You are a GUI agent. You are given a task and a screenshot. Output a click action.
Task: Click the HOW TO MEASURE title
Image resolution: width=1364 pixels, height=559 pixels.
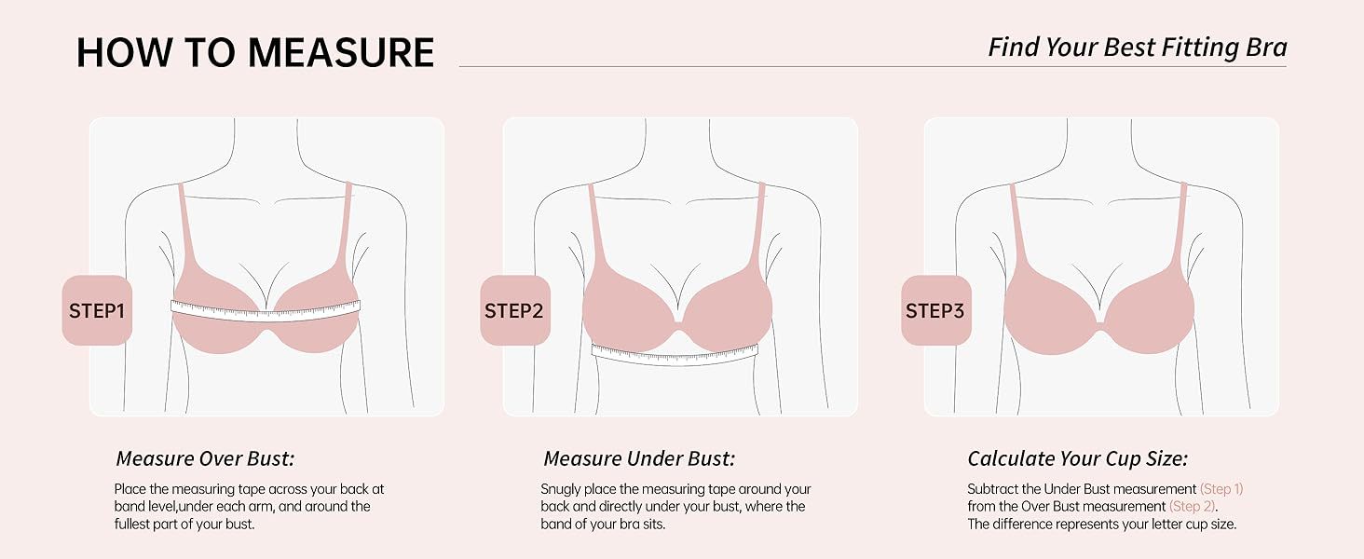255,52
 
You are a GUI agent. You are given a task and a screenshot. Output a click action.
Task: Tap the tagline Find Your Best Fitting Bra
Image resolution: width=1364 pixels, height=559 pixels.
1137,48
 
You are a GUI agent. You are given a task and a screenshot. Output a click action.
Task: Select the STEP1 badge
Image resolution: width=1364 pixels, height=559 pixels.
97,310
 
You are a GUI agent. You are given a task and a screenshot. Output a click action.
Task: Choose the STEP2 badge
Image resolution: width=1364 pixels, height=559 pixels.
514,310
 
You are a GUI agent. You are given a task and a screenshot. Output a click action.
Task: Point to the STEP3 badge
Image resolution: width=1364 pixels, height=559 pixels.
935,310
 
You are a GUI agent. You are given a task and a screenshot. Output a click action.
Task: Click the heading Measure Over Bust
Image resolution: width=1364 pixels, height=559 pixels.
205,458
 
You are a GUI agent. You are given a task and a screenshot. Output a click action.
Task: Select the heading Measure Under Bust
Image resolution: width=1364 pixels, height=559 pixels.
639,458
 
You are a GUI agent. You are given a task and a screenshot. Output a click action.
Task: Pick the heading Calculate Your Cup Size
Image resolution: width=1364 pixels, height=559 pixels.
1077,458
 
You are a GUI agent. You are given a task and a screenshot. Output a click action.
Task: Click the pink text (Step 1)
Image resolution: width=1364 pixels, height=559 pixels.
1221,489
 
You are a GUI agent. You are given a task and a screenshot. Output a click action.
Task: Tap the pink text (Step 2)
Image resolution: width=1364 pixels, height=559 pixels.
1193,507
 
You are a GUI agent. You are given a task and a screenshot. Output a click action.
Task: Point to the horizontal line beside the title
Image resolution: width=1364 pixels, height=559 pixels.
873,66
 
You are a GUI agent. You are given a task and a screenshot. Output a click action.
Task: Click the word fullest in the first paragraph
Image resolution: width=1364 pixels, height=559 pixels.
132,524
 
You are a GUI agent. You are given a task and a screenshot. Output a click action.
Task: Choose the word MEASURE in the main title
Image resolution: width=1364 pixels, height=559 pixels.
341,52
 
